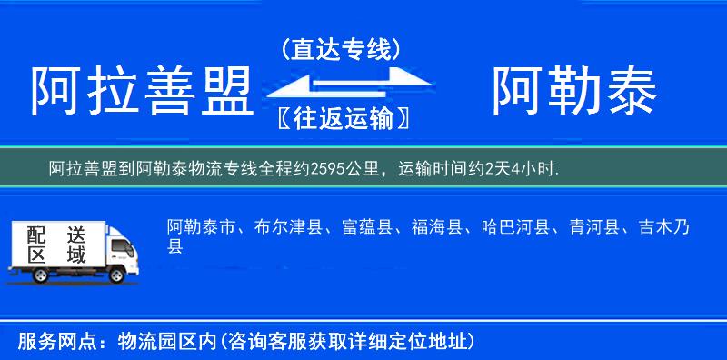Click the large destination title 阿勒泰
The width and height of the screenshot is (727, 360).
click(574, 92)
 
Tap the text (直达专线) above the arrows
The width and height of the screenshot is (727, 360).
click(341, 48)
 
